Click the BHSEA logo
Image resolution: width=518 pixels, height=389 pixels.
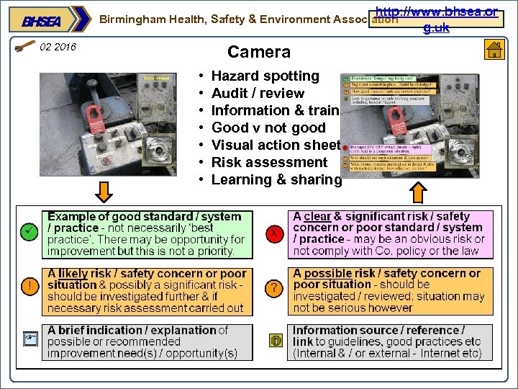click(43, 21)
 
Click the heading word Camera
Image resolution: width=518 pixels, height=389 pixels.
click(259, 52)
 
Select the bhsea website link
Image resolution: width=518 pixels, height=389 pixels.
click(437, 19)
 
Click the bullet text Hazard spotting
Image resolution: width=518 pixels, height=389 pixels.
click(265, 76)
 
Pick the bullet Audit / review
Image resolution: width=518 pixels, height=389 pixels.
click(258, 93)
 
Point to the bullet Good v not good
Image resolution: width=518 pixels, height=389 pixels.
click(268, 128)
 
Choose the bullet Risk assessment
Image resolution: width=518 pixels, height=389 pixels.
click(269, 162)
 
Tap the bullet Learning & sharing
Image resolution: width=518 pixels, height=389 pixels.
click(276, 179)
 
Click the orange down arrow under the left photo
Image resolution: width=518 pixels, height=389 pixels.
click(104, 192)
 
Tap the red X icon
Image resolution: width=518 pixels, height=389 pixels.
click(274, 232)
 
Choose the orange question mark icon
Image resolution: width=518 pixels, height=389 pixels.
click(274, 287)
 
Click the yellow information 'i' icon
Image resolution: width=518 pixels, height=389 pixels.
click(275, 340)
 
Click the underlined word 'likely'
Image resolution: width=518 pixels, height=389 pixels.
click(73, 274)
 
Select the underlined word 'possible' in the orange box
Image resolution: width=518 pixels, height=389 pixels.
click(327, 274)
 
